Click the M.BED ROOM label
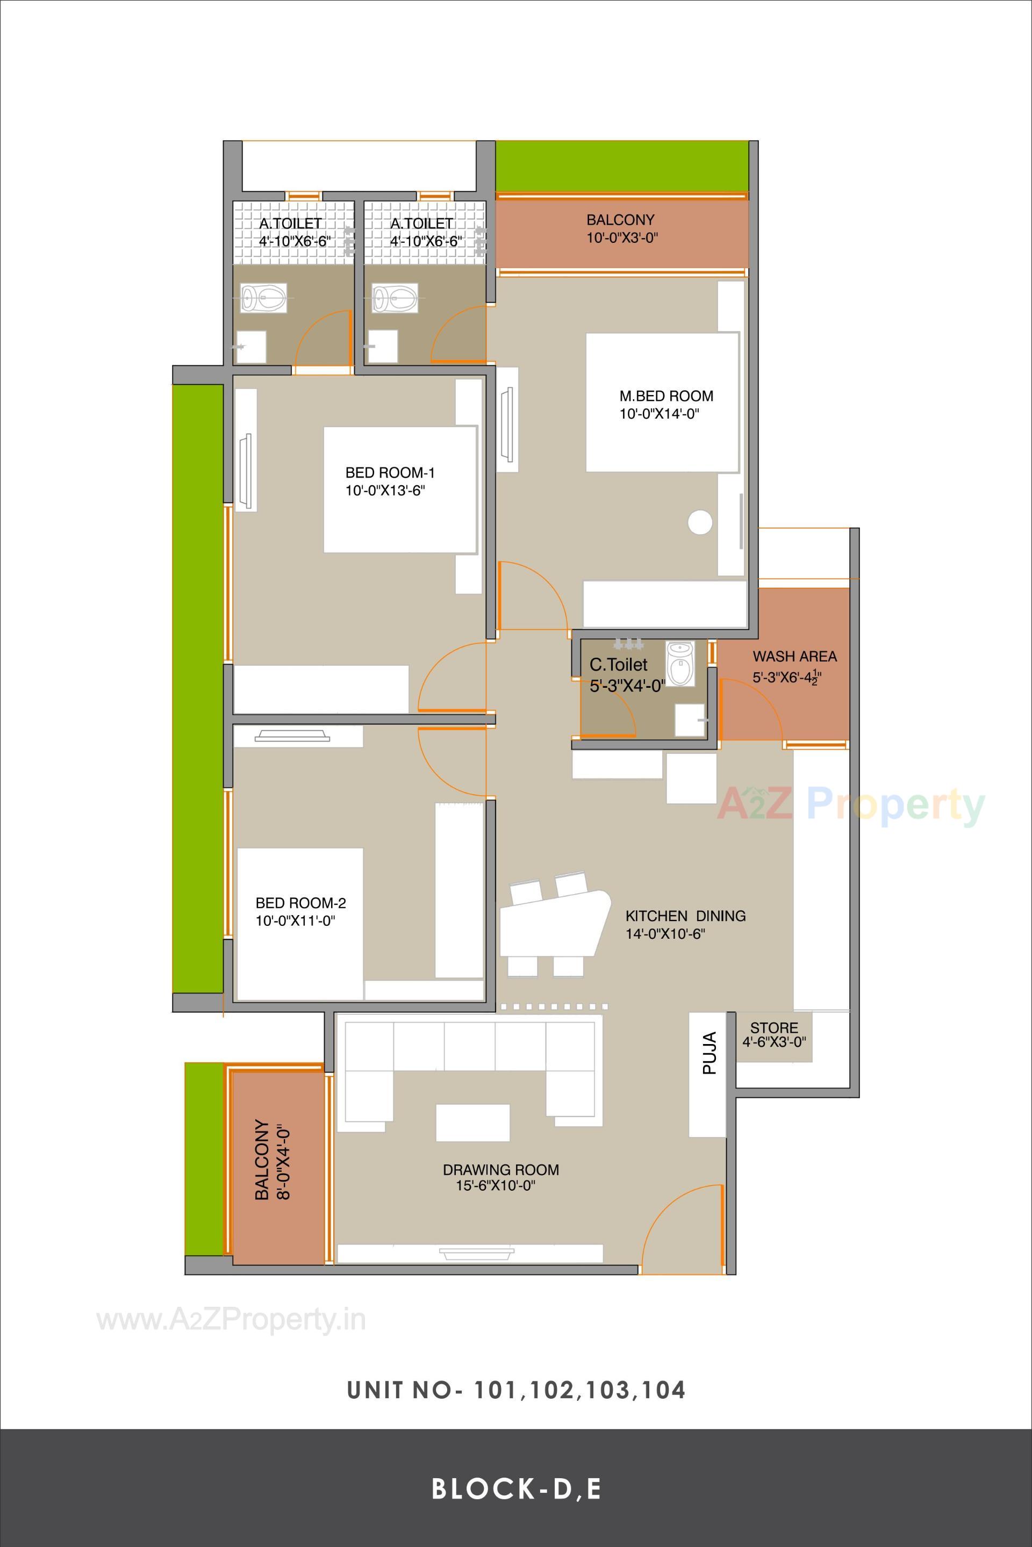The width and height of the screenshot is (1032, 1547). [666, 396]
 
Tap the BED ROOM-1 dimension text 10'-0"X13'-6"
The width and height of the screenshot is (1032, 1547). [390, 490]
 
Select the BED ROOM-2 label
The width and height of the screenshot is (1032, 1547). [300, 903]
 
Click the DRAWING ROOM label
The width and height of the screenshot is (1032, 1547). [500, 1169]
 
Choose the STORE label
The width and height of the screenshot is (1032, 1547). [774, 1028]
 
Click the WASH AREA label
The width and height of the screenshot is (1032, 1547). [794, 656]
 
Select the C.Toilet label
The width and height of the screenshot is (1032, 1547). [618, 665]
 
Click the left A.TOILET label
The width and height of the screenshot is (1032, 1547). [290, 224]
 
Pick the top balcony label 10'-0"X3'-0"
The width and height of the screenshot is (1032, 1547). [622, 238]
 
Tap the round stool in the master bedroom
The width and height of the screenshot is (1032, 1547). [700, 522]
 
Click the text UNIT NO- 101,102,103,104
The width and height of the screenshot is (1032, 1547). [516, 1390]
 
